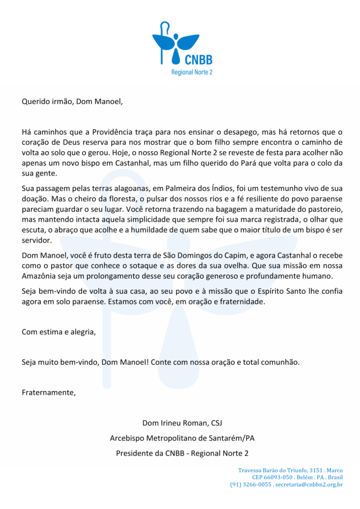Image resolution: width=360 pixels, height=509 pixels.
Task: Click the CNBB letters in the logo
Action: coord(198,60)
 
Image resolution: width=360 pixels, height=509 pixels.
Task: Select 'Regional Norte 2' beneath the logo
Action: coord(191,73)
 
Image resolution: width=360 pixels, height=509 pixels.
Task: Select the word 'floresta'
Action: coord(126,199)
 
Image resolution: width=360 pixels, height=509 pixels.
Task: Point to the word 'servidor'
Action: coord(37,240)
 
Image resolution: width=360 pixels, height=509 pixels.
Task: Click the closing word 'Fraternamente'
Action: coord(49,393)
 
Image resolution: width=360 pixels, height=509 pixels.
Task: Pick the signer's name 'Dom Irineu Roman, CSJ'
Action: coord(182,423)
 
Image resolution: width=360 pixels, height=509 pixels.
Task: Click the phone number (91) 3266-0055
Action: coord(251,484)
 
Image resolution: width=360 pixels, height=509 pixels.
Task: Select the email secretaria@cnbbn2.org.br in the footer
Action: coord(309,484)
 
